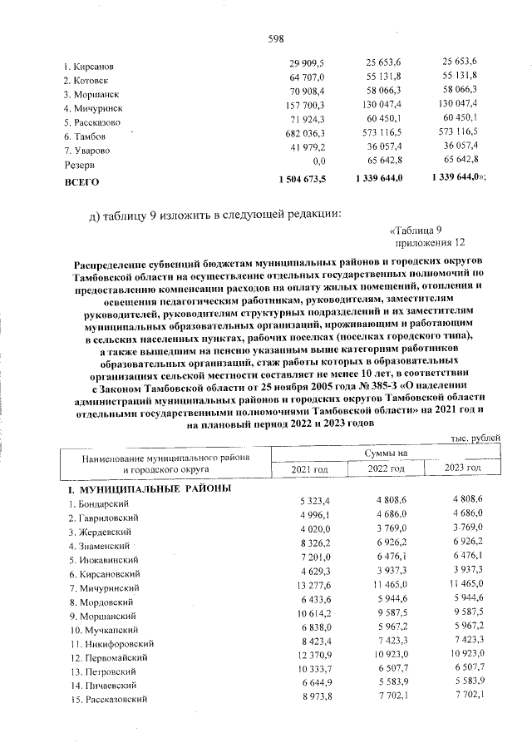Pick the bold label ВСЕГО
pyautogui.click(x=81, y=180)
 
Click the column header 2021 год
pyautogui.click(x=309, y=469)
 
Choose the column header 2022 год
pyautogui.click(x=387, y=469)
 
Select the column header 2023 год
pyautogui.click(x=462, y=469)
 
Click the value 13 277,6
pyautogui.click(x=313, y=588)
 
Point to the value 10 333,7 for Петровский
pyautogui.click(x=313, y=671)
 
